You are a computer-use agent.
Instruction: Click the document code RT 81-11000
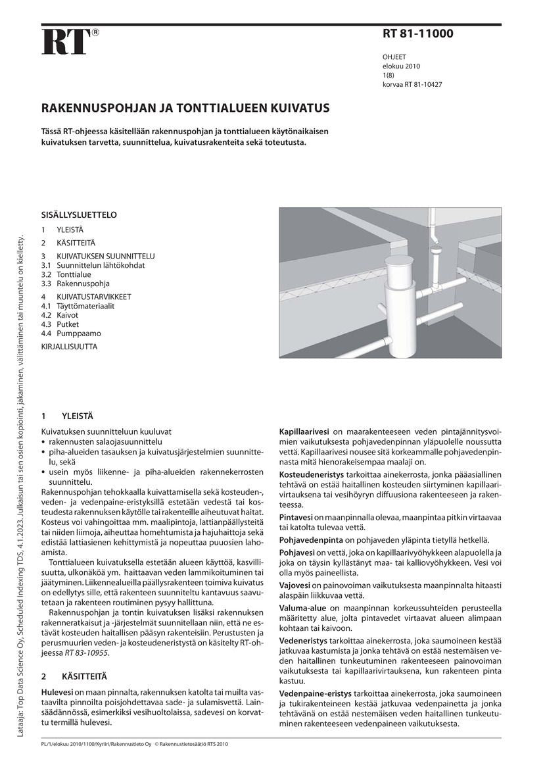click(417, 33)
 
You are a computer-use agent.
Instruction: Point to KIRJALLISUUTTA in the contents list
click(69, 346)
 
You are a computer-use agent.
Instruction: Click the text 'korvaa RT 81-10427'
click(412, 84)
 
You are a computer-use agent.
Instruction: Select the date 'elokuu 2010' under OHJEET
click(401, 66)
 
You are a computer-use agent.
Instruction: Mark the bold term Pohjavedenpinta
click(311, 539)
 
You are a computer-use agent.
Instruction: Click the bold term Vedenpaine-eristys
click(315, 694)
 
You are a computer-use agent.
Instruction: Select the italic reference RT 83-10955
click(86, 653)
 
